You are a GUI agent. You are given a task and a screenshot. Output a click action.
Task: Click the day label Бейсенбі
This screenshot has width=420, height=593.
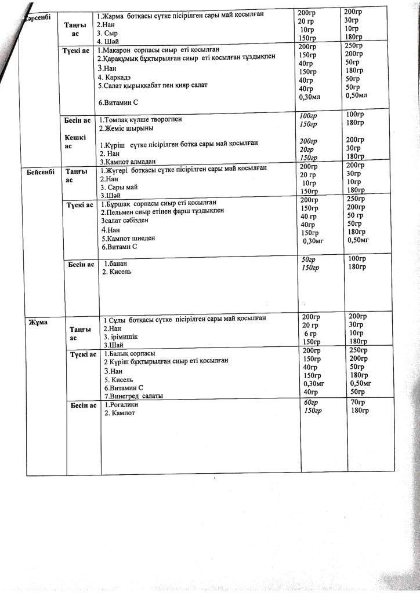pos(40,172)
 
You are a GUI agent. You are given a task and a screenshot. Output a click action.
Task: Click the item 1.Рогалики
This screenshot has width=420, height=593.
pos(122,405)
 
